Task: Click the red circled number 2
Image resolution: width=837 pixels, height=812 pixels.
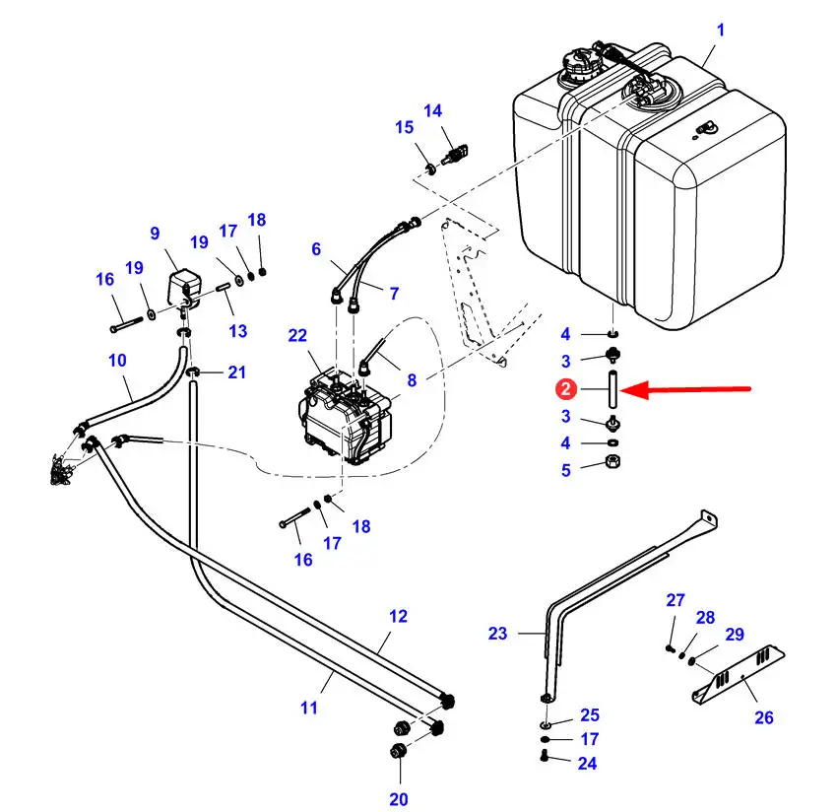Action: click(566, 389)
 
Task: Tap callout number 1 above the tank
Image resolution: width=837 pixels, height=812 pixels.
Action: click(720, 30)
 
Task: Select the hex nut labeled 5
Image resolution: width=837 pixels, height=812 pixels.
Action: click(613, 461)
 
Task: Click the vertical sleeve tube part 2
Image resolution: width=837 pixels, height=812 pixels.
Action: click(612, 388)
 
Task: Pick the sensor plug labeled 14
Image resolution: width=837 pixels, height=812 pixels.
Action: click(455, 154)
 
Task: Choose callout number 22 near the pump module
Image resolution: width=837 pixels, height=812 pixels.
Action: click(297, 335)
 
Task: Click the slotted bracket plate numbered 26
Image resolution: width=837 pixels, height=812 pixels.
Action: click(739, 674)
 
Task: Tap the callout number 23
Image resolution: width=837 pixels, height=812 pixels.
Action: click(497, 633)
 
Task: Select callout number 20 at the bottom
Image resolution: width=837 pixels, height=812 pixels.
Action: click(398, 799)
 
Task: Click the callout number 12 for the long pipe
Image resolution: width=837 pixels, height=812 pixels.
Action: click(398, 617)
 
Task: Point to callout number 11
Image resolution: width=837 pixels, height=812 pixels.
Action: click(308, 708)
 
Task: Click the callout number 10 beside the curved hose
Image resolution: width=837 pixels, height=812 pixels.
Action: click(117, 360)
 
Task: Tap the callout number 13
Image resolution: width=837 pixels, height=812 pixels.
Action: click(238, 331)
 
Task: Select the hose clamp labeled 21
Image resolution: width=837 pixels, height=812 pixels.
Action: click(193, 372)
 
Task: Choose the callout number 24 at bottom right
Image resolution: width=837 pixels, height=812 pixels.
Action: click(587, 764)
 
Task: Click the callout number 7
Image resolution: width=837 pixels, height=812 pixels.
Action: click(394, 294)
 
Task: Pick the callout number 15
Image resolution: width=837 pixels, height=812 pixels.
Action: click(404, 127)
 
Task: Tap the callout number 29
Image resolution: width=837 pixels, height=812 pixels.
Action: click(735, 634)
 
